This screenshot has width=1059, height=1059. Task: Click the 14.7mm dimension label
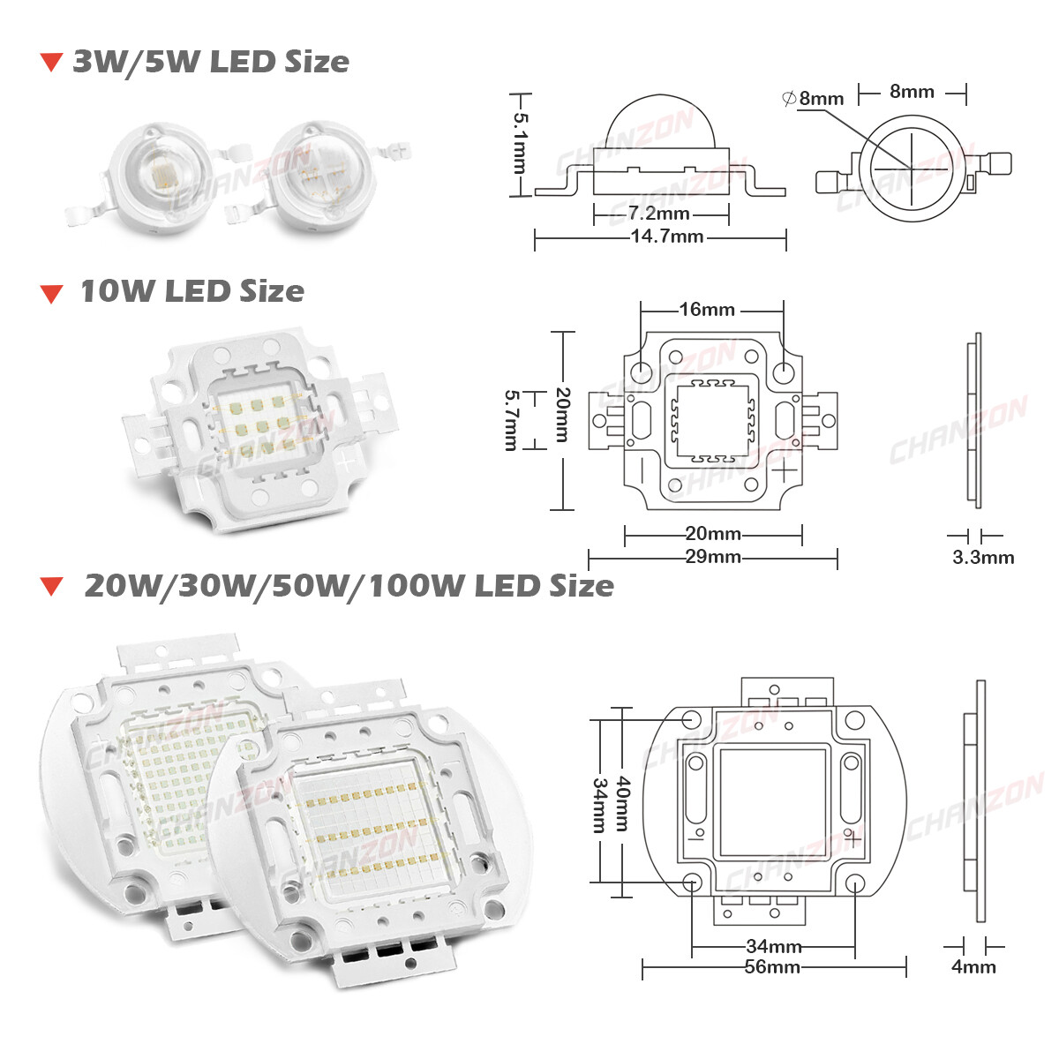(x=666, y=237)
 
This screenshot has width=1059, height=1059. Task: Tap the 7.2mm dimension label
(x=658, y=214)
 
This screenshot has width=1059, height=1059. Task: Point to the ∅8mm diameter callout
(x=813, y=98)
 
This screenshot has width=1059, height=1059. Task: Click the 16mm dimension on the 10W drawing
(x=706, y=309)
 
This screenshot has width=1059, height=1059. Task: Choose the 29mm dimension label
(x=712, y=557)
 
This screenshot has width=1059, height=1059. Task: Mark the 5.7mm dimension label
(x=510, y=420)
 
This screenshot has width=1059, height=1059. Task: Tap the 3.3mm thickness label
(x=983, y=557)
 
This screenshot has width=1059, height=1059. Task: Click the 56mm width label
(x=772, y=967)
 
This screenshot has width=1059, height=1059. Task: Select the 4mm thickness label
(x=973, y=966)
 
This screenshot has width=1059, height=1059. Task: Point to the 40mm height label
(x=622, y=802)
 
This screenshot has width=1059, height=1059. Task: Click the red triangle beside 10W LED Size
(x=52, y=294)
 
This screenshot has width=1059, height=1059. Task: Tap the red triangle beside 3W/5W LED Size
(x=52, y=63)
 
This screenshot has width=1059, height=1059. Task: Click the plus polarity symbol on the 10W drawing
(x=784, y=472)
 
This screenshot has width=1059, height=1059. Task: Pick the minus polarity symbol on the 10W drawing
(x=644, y=472)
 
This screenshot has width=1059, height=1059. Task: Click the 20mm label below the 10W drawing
(x=712, y=534)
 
